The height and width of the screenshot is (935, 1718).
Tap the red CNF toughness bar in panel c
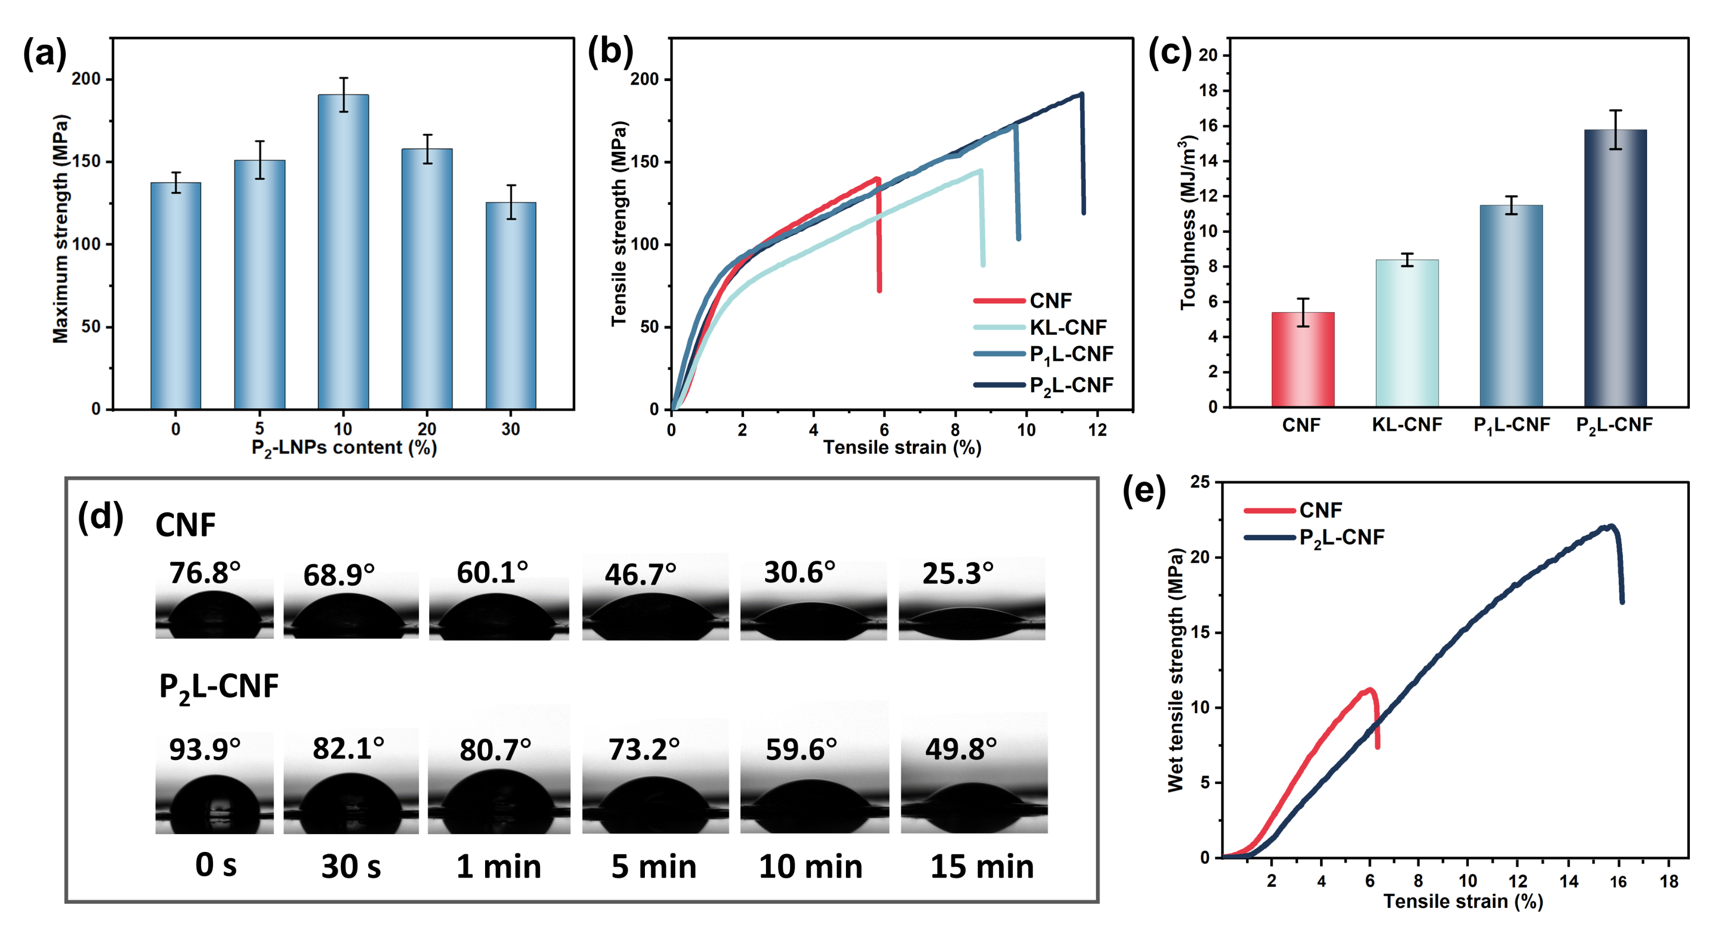(1302, 359)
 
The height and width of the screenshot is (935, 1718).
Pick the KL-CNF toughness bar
(1407, 333)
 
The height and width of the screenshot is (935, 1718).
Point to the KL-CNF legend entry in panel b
(1067, 328)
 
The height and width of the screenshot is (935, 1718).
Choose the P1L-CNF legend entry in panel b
(1070, 354)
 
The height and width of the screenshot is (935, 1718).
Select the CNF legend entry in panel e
(1319, 510)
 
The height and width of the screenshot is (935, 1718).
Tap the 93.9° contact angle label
(204, 749)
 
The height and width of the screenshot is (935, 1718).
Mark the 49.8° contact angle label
(960, 749)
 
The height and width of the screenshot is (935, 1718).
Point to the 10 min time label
(810, 866)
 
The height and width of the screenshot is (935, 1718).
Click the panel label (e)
(1143, 492)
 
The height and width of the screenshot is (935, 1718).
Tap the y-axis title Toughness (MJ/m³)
(1188, 223)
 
